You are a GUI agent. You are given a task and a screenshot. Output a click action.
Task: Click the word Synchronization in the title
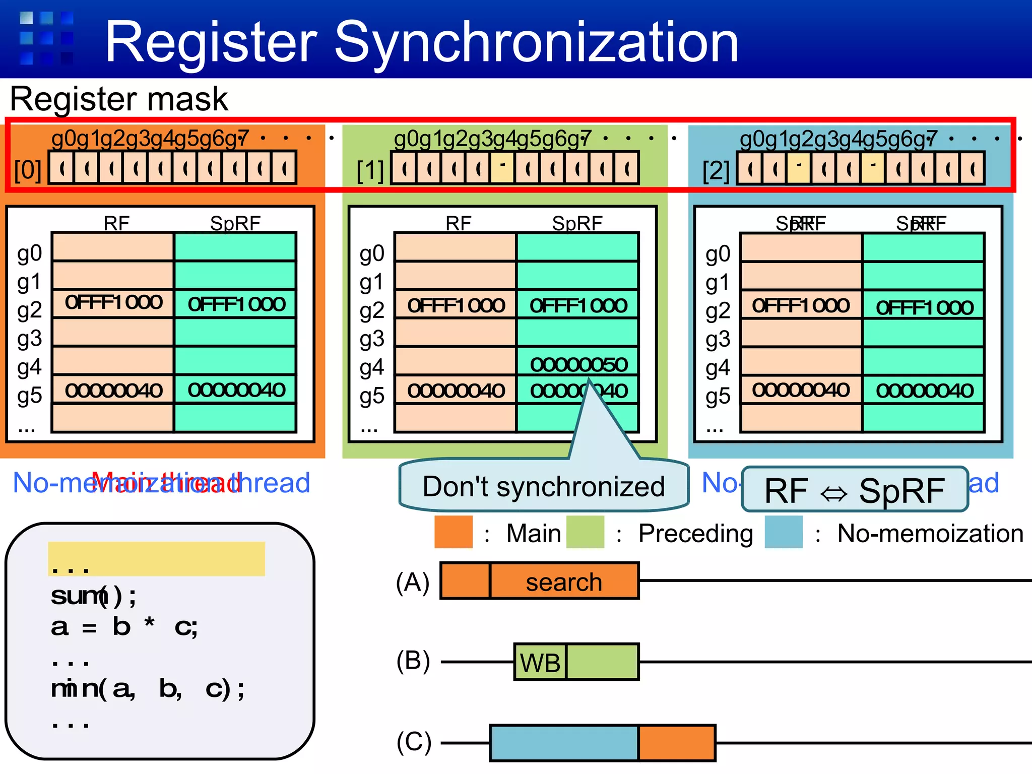point(536,43)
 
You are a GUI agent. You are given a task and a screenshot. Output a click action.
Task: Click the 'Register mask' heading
point(119,99)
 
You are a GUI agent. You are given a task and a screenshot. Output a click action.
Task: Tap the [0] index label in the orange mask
point(28,170)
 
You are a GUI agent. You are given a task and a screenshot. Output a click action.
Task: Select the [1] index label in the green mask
point(370,171)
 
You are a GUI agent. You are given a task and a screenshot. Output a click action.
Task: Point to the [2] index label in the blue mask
point(716,171)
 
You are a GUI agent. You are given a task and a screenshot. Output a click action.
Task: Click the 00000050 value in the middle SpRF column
point(578,364)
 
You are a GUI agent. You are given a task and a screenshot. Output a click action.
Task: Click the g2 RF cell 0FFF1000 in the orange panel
point(113,302)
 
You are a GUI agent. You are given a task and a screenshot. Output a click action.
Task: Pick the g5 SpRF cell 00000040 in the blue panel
point(924,391)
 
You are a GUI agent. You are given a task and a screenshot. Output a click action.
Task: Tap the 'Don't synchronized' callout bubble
point(543,486)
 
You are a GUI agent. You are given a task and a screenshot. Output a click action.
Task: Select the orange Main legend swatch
point(454,532)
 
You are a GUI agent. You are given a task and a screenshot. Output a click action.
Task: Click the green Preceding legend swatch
point(585,532)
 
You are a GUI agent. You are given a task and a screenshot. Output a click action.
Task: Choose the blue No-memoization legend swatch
point(784,532)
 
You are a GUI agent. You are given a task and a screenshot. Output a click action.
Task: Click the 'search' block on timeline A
point(564,582)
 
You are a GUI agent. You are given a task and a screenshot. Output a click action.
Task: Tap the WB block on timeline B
point(540,662)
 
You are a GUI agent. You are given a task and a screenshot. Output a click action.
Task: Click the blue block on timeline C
point(564,743)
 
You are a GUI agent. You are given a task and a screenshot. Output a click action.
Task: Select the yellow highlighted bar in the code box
point(156,558)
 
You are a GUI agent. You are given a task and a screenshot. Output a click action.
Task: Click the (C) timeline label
point(414,743)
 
